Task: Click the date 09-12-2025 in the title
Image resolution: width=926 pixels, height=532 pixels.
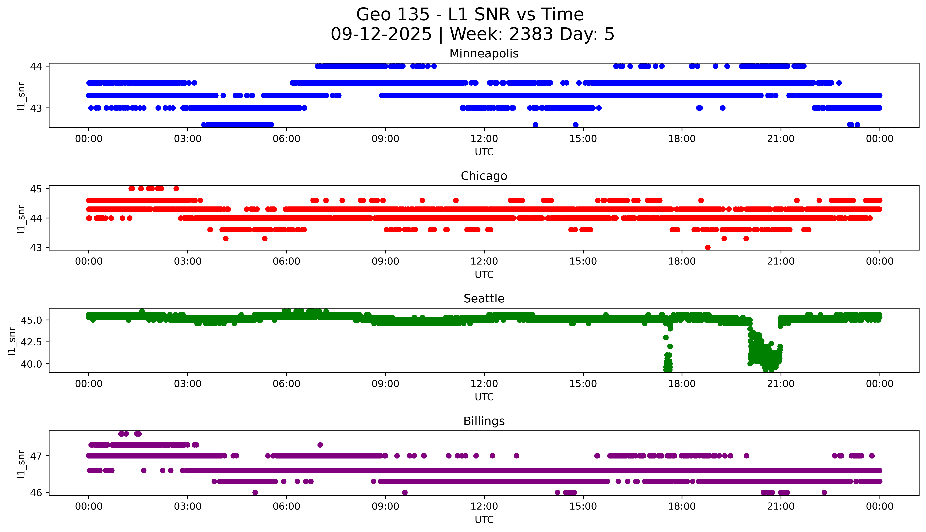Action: [x=381, y=34]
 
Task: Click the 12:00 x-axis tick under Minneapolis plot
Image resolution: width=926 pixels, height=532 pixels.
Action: [x=484, y=139]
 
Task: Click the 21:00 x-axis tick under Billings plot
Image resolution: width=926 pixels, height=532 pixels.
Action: [x=781, y=506]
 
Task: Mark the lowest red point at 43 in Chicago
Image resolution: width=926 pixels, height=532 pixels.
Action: [x=708, y=247]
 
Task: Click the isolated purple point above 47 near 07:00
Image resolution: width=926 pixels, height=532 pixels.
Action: [x=320, y=445]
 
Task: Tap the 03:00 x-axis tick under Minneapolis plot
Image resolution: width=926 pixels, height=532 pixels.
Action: [x=187, y=139]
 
